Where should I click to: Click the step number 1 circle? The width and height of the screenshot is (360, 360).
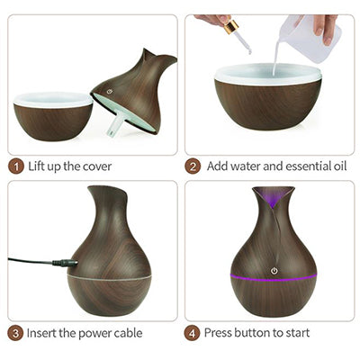coord(16,166)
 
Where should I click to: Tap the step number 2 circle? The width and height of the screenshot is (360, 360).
coord(193,166)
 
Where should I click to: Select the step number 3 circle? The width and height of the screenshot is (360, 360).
coord(16,333)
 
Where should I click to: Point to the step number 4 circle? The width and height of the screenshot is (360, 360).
coord(193,333)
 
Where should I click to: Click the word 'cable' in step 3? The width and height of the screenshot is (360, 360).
coord(126,333)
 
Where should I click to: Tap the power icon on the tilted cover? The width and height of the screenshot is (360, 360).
coord(111,91)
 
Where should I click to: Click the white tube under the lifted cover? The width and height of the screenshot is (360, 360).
coord(114,127)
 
